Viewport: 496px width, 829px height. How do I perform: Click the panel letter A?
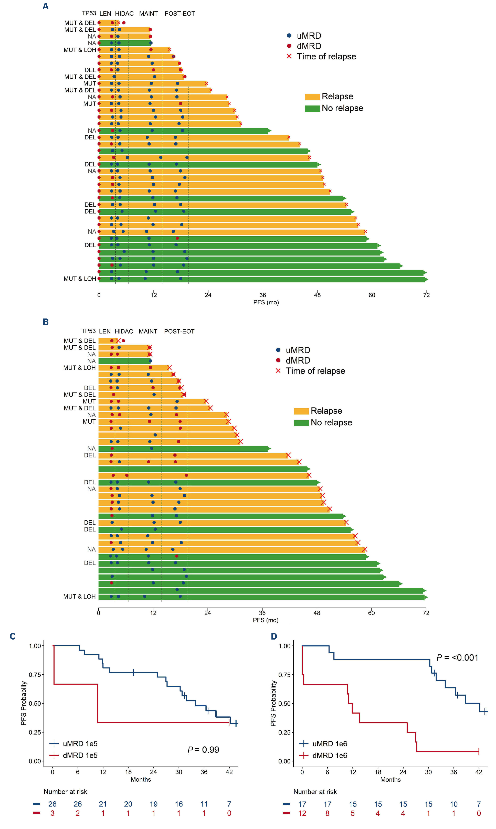[x=46, y=6]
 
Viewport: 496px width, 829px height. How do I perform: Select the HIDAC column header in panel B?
[x=124, y=331]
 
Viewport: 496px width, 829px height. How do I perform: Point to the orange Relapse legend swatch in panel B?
[x=301, y=411]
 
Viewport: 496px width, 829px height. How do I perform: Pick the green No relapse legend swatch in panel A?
[x=312, y=109]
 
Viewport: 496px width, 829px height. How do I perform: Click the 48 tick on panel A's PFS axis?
[x=317, y=295]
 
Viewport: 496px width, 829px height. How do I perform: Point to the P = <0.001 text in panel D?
[x=457, y=657]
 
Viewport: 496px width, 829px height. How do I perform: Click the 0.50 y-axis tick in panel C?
[x=35, y=703]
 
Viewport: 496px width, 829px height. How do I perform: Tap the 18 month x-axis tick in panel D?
[x=378, y=772]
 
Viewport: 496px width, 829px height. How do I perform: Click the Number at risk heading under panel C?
[x=65, y=792]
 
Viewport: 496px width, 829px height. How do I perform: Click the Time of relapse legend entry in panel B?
[x=315, y=371]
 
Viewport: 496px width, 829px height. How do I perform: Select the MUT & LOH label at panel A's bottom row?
[x=80, y=279]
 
